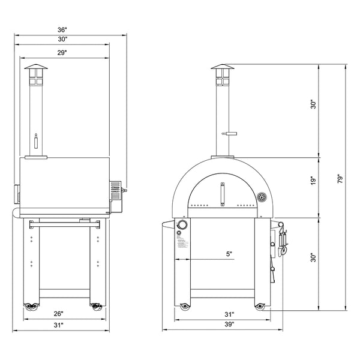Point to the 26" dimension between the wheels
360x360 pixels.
pos(59,313)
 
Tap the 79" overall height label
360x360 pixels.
pos(340,178)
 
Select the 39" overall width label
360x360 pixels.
pos(229,324)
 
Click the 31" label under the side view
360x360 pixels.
pos(59,324)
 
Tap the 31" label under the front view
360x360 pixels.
pos(229,313)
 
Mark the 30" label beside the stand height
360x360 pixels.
pos(313,258)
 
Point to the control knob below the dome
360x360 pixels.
pos(182,226)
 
